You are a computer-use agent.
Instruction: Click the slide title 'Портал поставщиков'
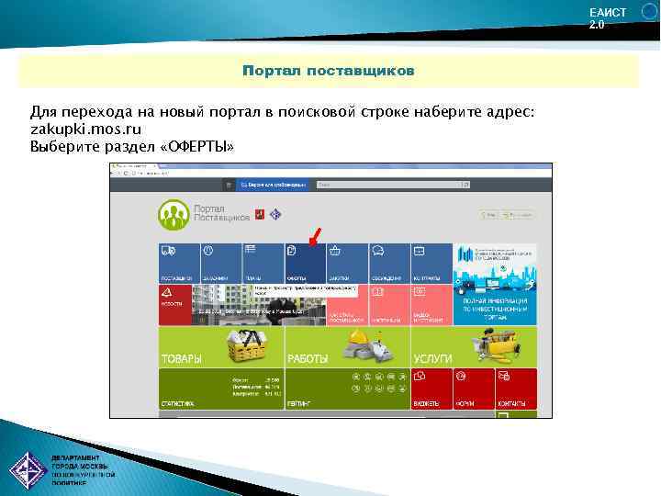point(328,71)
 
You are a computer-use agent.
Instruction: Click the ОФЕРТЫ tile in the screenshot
point(305,264)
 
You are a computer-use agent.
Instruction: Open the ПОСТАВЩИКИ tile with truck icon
point(179,264)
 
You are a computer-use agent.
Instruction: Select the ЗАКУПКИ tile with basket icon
point(347,264)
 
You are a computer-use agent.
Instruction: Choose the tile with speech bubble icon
point(389,264)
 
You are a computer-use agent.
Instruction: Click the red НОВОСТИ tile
point(174,305)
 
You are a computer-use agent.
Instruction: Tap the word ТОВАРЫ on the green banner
point(183,357)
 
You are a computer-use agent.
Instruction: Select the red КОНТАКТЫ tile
point(516,389)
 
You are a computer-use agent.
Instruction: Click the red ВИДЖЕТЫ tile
point(431,389)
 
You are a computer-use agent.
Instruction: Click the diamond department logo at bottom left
point(28,470)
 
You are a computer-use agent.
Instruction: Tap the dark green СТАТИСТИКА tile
point(220,389)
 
